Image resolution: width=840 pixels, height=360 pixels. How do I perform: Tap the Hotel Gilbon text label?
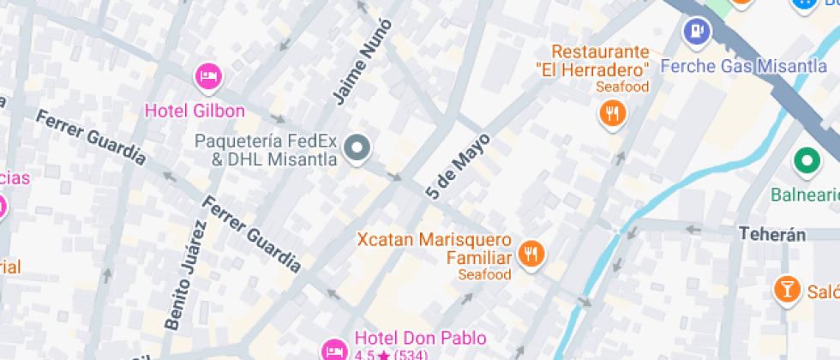tap(195, 111)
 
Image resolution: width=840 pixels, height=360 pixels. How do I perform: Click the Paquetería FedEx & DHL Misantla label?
tap(266, 150)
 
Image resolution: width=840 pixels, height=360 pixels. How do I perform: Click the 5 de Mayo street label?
tap(458, 166)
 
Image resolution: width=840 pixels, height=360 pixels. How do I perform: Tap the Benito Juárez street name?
tap(187, 275)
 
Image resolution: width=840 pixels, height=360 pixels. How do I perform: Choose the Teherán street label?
tap(773, 234)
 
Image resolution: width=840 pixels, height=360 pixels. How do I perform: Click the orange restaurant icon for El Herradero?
tap(611, 113)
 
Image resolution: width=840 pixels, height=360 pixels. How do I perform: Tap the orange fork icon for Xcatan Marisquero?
tap(532, 254)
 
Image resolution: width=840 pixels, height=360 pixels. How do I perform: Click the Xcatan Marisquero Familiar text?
tap(435, 249)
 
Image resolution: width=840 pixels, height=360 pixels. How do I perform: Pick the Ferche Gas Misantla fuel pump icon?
tap(696, 32)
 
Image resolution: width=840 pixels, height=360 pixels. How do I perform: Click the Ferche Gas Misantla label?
tap(743, 66)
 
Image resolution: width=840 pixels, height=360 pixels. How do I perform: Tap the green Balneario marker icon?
tap(806, 159)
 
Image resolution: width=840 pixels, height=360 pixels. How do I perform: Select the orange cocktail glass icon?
tap(786, 290)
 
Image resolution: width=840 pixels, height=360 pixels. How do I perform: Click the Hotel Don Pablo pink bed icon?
tap(334, 350)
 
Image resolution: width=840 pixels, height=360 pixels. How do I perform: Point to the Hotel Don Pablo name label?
tap(420, 339)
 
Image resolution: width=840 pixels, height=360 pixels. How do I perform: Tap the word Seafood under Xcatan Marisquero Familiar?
tap(484, 274)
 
